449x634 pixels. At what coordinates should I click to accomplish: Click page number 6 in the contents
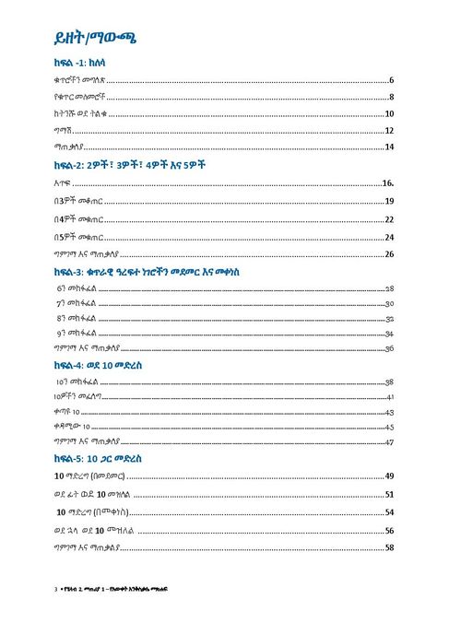[x=392, y=81]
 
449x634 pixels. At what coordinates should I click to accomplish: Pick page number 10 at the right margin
[x=390, y=114]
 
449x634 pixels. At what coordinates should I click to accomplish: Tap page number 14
[x=390, y=147]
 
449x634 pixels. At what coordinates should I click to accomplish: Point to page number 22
[x=390, y=219]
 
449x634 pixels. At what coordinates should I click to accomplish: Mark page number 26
[x=390, y=253]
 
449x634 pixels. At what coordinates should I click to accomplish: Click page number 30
[x=390, y=303]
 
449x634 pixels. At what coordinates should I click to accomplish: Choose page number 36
[x=390, y=347]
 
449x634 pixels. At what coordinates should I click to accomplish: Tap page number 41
[x=390, y=397]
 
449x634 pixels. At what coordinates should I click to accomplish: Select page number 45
[x=390, y=428]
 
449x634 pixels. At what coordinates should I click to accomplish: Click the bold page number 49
[x=390, y=475]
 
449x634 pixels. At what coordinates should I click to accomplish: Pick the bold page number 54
[x=390, y=511]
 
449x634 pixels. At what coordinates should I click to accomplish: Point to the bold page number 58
[x=390, y=548]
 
